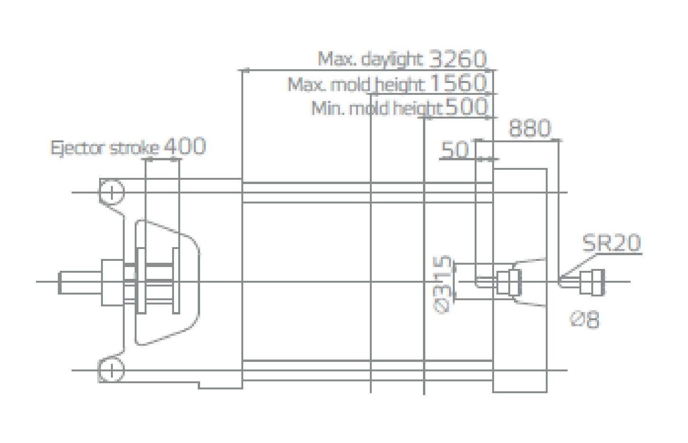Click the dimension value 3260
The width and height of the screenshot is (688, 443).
pos(458,59)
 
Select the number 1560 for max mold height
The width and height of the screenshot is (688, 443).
pos(458,83)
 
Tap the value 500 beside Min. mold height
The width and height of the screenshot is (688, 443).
pos(466,106)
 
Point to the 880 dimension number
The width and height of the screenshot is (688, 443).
pos(530,129)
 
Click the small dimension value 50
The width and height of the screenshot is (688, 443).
pos(455,149)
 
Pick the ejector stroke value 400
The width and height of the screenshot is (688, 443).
pos(185,146)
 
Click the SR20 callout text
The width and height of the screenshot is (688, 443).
pos(611,243)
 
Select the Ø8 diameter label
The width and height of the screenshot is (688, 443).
pos(585,320)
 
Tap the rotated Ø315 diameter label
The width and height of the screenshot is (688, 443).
pos(442,284)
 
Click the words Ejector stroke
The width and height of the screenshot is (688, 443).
pos(105,148)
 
